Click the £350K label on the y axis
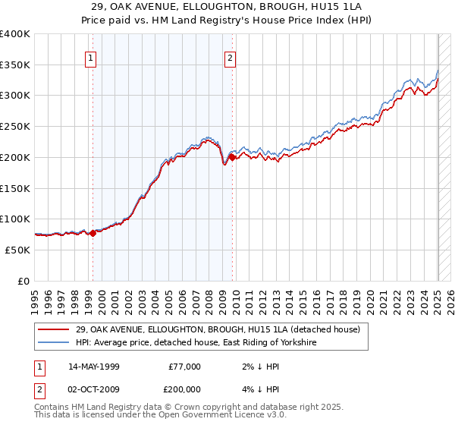(x=15, y=65)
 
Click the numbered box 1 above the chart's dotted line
(x=91, y=58)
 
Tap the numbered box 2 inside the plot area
(x=230, y=58)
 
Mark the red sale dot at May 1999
(x=93, y=233)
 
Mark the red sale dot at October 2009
(x=232, y=157)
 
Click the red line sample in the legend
(x=55, y=329)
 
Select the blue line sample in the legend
(x=55, y=343)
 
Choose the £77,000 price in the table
(x=184, y=367)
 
